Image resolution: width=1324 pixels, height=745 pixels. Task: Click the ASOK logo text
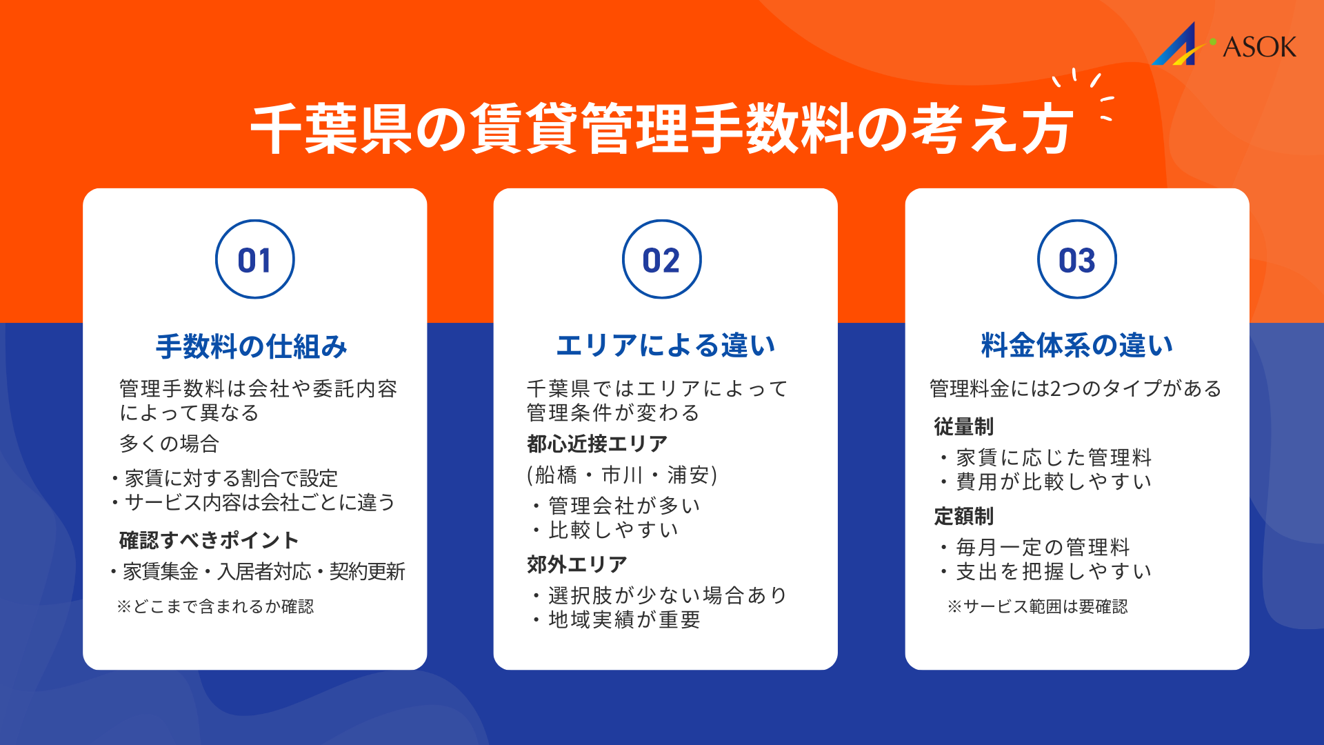coord(1259,47)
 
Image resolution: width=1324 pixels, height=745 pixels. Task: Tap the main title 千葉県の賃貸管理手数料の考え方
coord(661,129)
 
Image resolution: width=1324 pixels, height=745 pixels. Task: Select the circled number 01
coord(254,259)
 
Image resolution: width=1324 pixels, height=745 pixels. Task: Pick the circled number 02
coord(661,259)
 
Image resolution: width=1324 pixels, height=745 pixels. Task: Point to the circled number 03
coord(1076,259)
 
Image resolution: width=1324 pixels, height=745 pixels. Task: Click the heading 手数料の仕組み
coord(252,346)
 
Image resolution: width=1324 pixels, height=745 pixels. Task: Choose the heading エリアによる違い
coord(665,345)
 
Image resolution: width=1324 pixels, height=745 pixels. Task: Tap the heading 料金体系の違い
coord(1076,345)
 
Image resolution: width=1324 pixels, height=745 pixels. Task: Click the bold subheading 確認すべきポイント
coord(209,540)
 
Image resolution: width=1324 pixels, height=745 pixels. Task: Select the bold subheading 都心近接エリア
coord(597,444)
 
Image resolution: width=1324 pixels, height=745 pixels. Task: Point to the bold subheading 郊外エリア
coord(577,564)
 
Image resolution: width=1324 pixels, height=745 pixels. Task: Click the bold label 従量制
coord(963,426)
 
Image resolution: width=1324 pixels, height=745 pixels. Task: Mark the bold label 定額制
coord(963,516)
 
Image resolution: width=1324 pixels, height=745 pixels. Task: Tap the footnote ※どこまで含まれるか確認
coord(215,606)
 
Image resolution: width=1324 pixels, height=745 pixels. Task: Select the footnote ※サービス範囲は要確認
coord(1038,606)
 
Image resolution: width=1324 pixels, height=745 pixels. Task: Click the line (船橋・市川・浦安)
coord(622,475)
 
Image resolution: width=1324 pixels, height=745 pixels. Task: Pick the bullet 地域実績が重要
coord(624,619)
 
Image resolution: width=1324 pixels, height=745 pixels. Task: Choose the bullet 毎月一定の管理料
coord(1043,547)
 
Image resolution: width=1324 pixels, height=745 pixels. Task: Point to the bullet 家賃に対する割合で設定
coord(231,478)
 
